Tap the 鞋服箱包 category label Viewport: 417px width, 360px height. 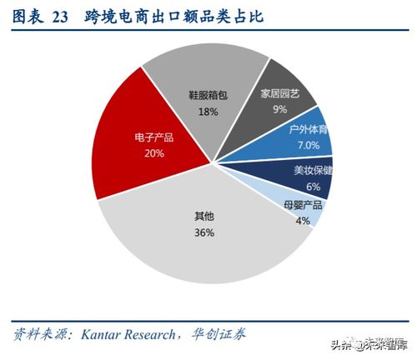pos(208,96)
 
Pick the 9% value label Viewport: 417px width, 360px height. pos(279,108)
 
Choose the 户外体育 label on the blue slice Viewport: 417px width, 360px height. pos(309,131)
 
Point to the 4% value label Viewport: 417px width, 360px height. pos(302,221)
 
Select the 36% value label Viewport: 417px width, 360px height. pos(204,232)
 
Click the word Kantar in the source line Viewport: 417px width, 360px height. pos(103,333)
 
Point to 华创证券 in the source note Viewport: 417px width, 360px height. pos(223,333)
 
